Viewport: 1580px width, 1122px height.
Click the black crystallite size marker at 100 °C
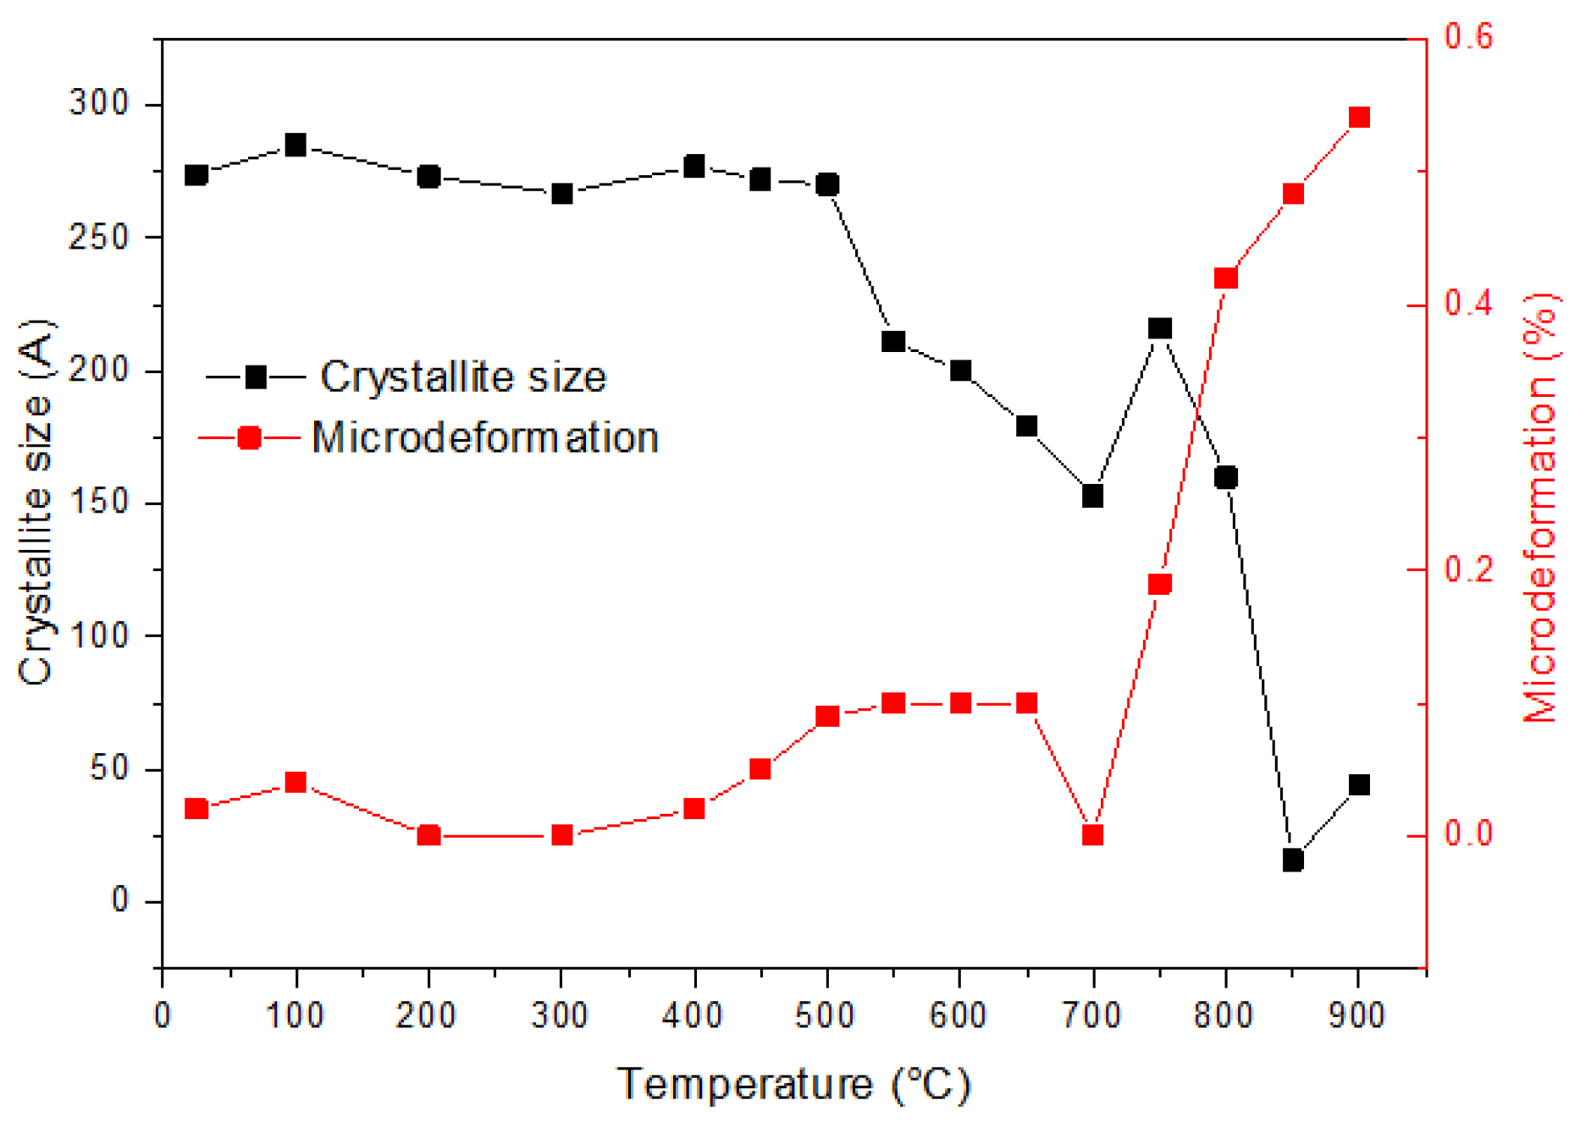click(296, 145)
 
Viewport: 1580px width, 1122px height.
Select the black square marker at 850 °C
click(1292, 861)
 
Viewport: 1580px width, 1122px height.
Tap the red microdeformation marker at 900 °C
click(1359, 117)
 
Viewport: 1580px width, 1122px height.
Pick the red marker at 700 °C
click(1092, 835)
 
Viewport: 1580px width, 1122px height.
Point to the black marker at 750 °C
click(1159, 328)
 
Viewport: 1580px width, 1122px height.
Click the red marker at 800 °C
click(1225, 278)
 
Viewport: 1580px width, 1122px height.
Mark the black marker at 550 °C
click(893, 341)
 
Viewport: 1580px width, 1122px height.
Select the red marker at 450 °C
click(760, 769)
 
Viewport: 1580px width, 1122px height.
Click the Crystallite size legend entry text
click(462, 377)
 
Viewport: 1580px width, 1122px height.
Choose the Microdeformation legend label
click(484, 437)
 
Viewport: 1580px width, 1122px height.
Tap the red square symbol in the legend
click(250, 437)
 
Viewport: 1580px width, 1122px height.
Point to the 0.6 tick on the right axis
click(1468, 37)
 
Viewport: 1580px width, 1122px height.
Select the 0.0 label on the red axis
click(1468, 833)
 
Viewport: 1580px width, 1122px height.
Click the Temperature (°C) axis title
click(793, 1084)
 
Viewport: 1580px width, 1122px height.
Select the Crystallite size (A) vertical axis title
click(36, 503)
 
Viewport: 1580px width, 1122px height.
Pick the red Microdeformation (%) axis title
click(1541, 508)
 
